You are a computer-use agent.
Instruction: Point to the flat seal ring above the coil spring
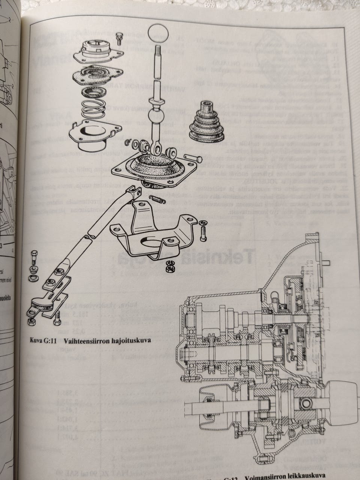(96, 92)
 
